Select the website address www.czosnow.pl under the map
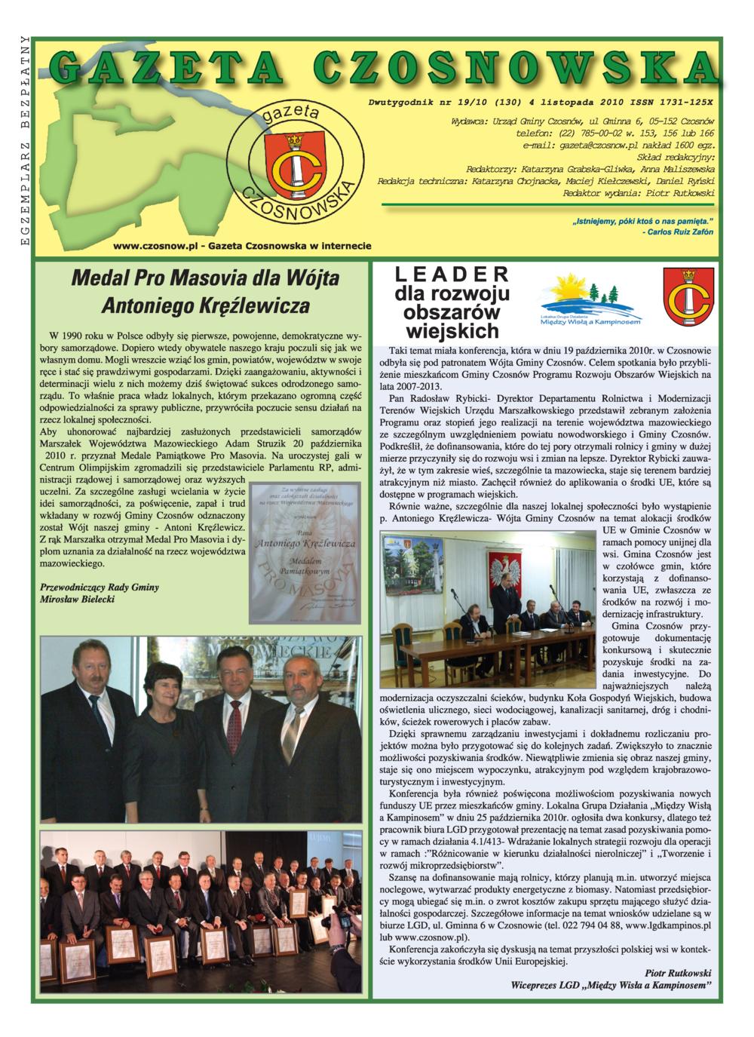(x=155, y=246)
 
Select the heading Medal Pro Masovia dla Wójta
(x=205, y=278)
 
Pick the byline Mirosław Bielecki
(x=77, y=599)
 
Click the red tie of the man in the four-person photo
(x=234, y=726)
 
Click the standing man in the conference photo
(x=504, y=596)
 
